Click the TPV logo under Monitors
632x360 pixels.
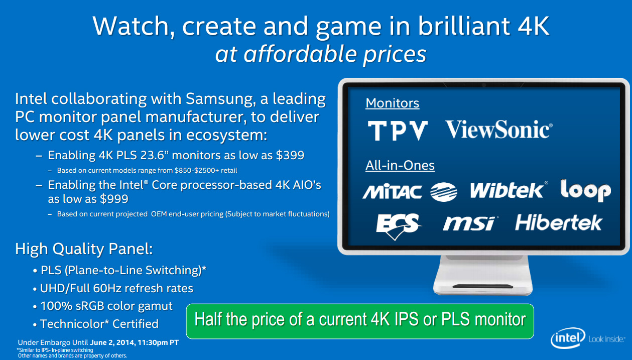pos(398,131)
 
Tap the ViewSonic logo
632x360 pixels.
pos(499,130)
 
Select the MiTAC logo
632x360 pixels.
pos(392,192)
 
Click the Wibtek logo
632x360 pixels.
pos(509,190)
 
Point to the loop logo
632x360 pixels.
pos(586,190)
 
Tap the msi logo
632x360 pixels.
pos(470,223)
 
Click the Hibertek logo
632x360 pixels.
pos(559,222)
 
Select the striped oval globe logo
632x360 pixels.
pos(444,192)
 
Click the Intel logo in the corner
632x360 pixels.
pos(568,338)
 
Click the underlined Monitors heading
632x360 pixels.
pos(392,103)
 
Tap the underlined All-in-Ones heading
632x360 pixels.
pos(400,166)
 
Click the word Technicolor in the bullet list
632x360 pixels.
pos(74,324)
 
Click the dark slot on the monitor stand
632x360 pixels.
pos(483,286)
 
